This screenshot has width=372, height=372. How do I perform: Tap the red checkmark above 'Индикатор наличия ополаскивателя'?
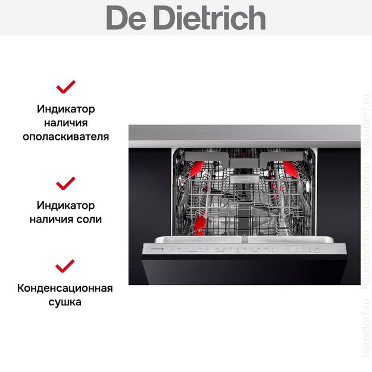point(65,87)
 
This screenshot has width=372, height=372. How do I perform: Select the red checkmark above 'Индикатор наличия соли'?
point(65,182)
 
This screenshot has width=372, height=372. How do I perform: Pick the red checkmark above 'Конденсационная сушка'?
point(65,265)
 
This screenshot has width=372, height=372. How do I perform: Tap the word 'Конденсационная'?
point(65,289)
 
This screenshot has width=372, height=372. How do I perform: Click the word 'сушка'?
point(65,302)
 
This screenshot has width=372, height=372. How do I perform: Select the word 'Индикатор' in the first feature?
point(65,110)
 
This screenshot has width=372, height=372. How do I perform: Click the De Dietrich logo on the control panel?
point(154,248)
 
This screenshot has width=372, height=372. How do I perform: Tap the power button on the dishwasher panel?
point(173,248)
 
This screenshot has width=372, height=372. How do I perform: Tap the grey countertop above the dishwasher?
point(244,133)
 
